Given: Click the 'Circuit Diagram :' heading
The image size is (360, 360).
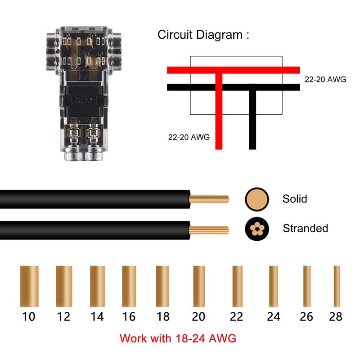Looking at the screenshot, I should point(203,35).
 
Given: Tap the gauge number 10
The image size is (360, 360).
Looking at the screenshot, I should point(28,317).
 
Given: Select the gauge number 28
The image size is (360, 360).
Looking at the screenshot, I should point(336,317).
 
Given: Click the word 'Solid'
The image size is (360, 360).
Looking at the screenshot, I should point(295,198).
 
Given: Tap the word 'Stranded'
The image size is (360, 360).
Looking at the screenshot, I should point(305,228).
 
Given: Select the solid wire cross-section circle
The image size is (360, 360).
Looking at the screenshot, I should point(257,198).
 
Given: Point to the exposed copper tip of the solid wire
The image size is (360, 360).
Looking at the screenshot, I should point(209,198).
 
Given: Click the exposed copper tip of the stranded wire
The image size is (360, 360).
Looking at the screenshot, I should point(209,230).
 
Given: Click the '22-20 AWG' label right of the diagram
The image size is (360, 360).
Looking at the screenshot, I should point(325,79).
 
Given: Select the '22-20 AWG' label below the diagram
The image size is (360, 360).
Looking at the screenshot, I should point(189,137).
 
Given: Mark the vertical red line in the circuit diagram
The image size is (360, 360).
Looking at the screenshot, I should point(219,112).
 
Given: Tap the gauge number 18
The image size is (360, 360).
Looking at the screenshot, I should point(163,317).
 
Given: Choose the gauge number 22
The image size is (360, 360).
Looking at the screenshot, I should point(236,317).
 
